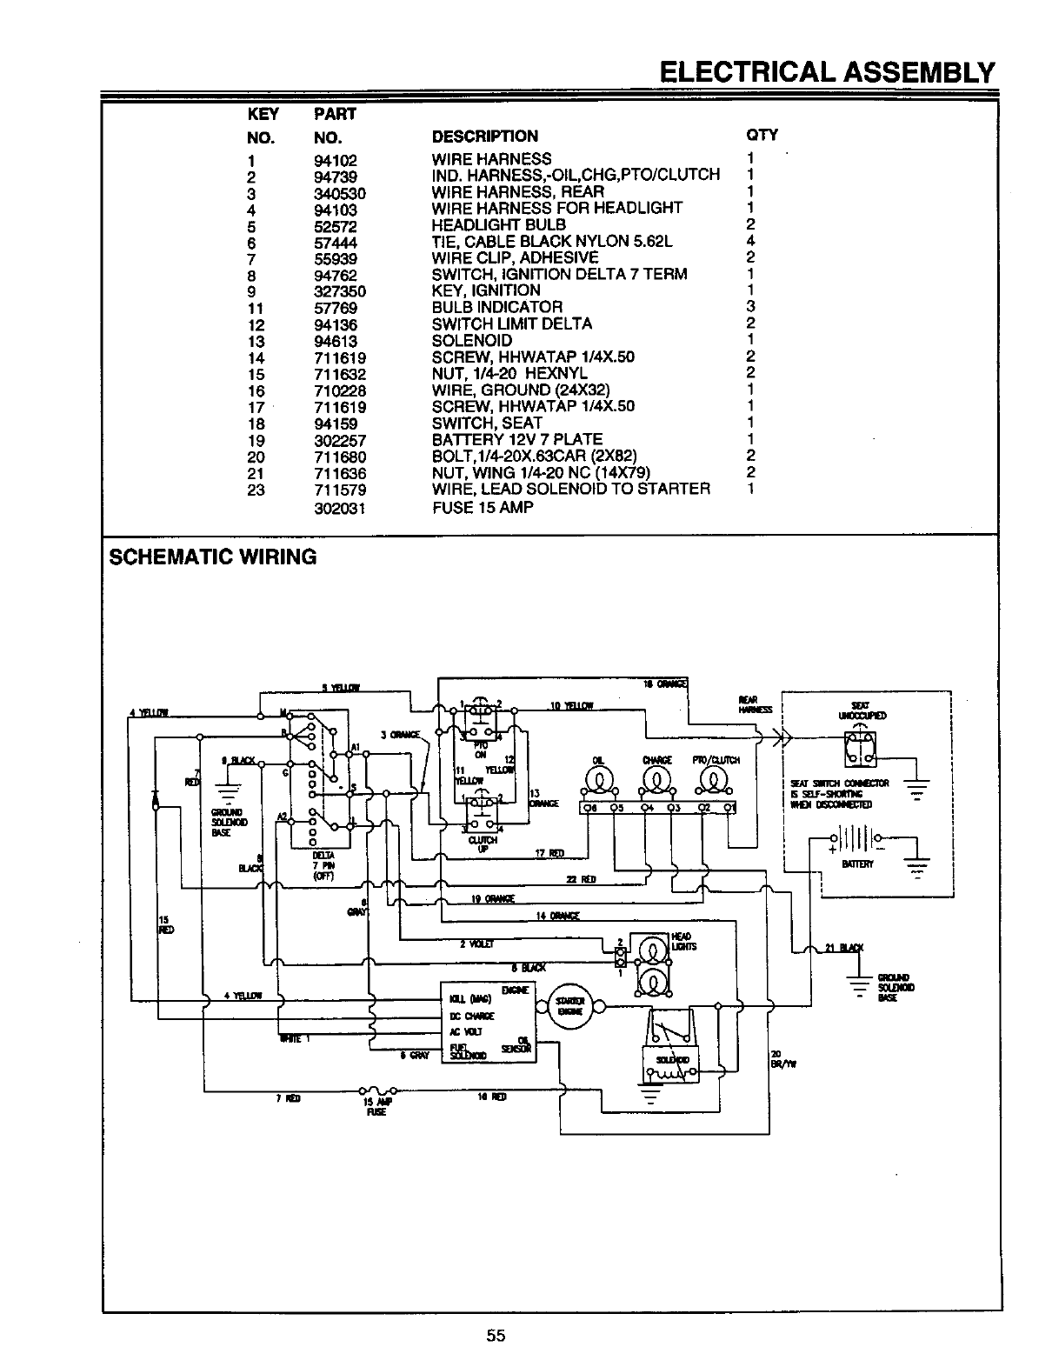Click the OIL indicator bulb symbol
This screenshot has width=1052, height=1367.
(x=598, y=780)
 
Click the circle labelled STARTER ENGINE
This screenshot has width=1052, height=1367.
(x=570, y=1008)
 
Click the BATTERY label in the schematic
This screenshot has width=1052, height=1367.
(x=856, y=865)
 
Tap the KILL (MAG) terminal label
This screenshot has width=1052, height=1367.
(x=470, y=997)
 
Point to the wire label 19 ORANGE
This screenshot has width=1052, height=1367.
(x=492, y=898)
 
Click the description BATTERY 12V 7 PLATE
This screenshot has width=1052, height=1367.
(x=516, y=440)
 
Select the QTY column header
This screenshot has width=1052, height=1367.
(x=762, y=135)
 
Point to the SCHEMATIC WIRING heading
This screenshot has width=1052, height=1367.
(x=212, y=557)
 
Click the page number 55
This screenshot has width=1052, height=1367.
(x=496, y=1337)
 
